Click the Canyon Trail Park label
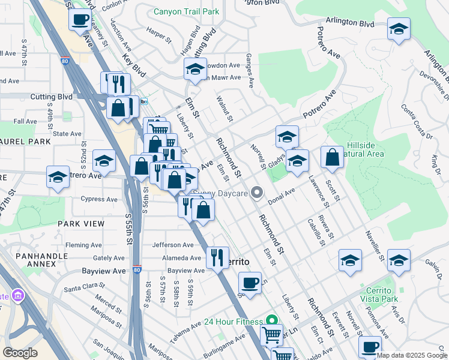186,11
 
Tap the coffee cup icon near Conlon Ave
80,20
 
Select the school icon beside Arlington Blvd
399,29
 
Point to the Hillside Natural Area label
365,150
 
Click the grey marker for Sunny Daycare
258,193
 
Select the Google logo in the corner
20,353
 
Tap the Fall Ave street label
26,121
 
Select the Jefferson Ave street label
173,245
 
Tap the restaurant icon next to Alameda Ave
217,257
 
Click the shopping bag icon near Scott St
332,158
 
